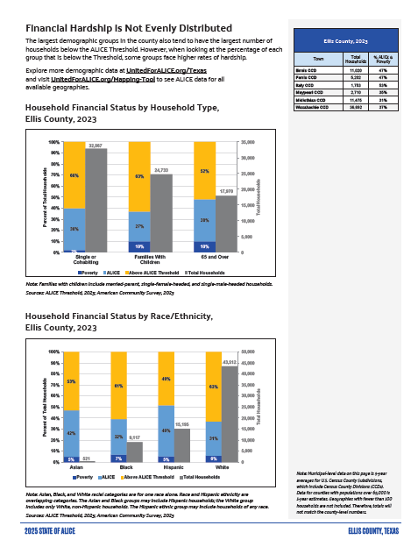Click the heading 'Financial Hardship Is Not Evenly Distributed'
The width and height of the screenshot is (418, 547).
pos(123,29)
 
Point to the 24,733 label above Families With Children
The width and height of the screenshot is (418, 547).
pos(160,170)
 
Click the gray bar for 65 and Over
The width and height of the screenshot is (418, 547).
pos(225,224)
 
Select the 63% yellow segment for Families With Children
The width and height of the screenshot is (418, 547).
pos(139,176)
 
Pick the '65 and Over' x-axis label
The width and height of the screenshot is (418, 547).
pos(203,261)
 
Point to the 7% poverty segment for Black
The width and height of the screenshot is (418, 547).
pos(118,458)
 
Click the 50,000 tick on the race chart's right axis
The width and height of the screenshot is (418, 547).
pos(251,352)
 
